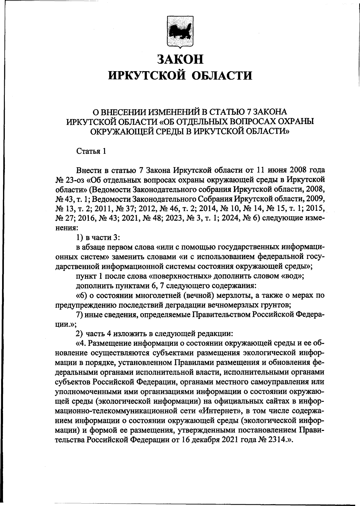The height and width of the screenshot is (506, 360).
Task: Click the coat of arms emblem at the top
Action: pyautogui.click(x=180, y=33)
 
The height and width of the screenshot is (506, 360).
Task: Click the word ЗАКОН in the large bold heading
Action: pyautogui.click(x=180, y=59)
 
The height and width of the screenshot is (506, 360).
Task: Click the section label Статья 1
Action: pyautogui.click(x=91, y=151)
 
